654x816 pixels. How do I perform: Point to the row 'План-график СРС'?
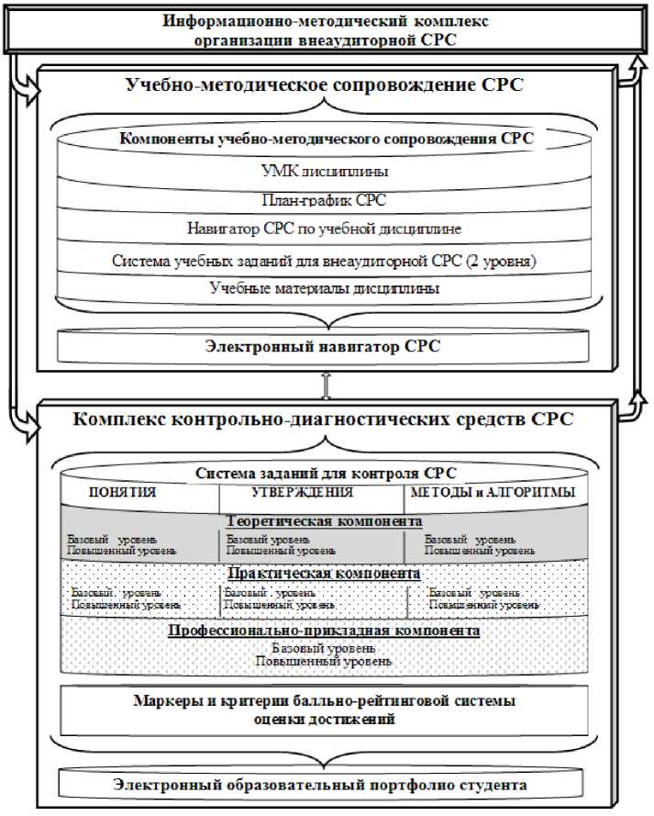click(x=327, y=199)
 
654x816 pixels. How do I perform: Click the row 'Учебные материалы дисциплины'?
click(x=327, y=287)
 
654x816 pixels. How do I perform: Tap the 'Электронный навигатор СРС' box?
click(x=327, y=346)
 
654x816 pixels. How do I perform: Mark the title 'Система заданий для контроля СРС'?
click(x=327, y=474)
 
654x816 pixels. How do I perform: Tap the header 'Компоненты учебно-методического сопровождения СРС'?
click(x=327, y=140)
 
